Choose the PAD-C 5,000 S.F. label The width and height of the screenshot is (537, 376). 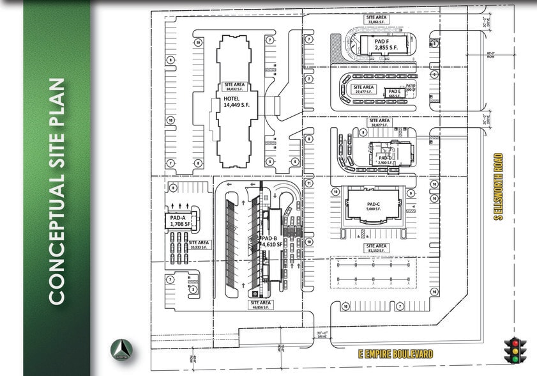coord(374,205)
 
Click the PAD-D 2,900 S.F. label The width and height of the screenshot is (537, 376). coord(386,161)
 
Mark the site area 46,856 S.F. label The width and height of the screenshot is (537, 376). coord(261,304)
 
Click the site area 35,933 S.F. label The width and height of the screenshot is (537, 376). coord(199,244)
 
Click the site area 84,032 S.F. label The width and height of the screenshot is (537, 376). coord(235,86)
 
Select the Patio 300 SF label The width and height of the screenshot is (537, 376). coord(411,89)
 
